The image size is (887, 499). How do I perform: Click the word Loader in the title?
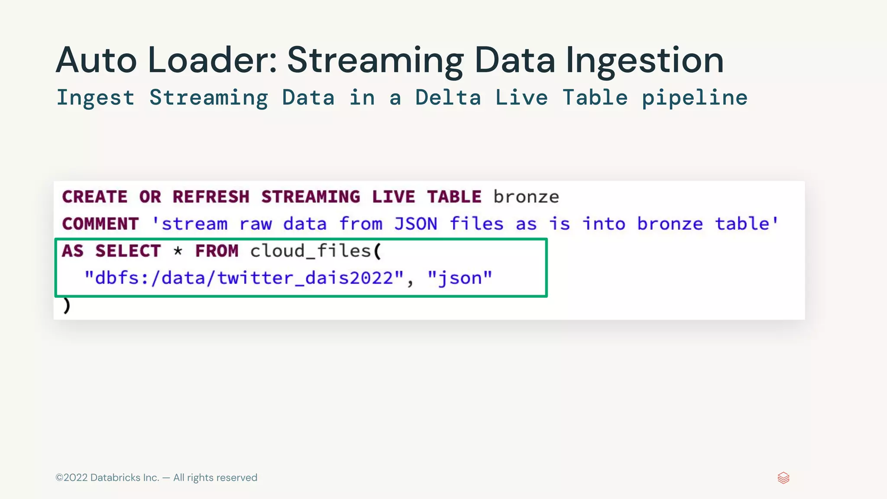pyautogui.click(x=212, y=60)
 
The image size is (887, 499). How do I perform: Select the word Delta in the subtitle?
pyautogui.click(x=448, y=98)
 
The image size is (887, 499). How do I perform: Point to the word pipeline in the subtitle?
pyautogui.click(x=694, y=98)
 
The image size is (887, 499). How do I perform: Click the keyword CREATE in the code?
pyautogui.click(x=95, y=197)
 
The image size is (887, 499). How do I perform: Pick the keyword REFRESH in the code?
pyautogui.click(x=211, y=197)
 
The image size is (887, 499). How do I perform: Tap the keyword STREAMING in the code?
pyautogui.click(x=311, y=197)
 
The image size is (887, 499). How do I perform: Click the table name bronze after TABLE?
pyautogui.click(x=526, y=197)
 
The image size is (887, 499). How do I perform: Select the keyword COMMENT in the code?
pyautogui.click(x=100, y=224)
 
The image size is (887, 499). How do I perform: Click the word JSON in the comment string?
pyautogui.click(x=415, y=224)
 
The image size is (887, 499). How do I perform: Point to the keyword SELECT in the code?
pyautogui.click(x=128, y=251)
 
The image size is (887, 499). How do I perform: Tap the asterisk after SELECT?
pyautogui.click(x=178, y=251)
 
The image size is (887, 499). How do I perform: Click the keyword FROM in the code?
pyautogui.click(x=217, y=251)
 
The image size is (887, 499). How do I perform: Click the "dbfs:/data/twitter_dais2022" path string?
pyautogui.click(x=244, y=278)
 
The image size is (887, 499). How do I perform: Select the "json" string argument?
pyautogui.click(x=460, y=278)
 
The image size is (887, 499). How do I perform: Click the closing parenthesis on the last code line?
pyautogui.click(x=66, y=305)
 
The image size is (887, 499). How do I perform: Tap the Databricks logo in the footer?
pyautogui.click(x=783, y=478)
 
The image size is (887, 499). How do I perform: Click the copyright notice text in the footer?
pyautogui.click(x=156, y=478)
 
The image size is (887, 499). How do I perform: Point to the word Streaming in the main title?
pyautogui.click(x=375, y=60)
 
